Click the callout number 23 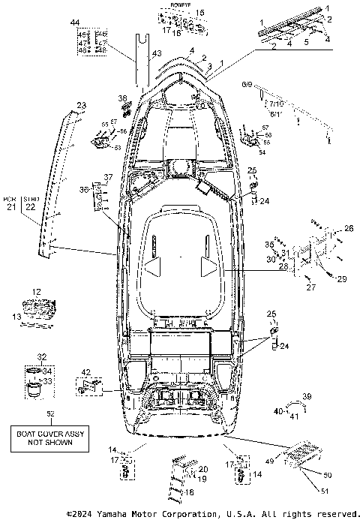(81, 105)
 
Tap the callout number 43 (156, 53)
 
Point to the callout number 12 (36, 290)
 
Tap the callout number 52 (50, 414)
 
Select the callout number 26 (347, 228)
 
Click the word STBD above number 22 (31, 198)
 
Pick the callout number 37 (108, 177)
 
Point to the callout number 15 (199, 14)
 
